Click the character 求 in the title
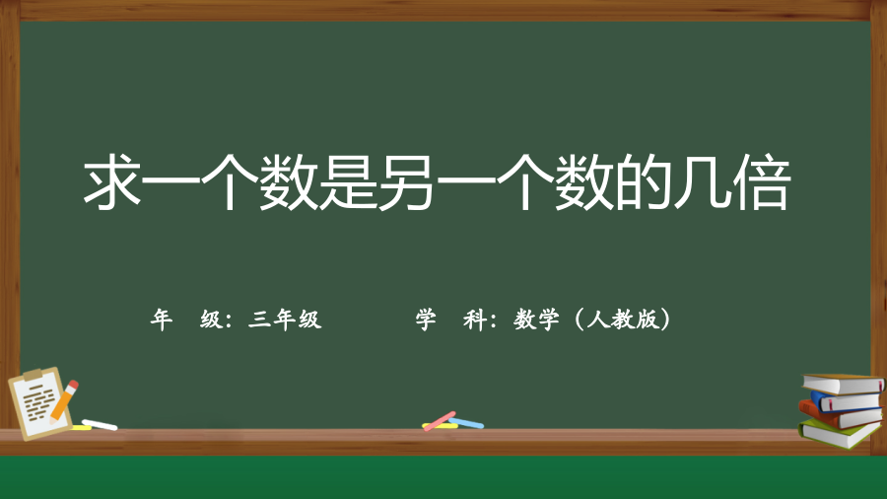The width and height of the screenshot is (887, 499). click(x=112, y=182)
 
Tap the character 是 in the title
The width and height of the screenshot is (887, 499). click(x=349, y=182)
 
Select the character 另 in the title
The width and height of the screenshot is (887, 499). click(x=407, y=182)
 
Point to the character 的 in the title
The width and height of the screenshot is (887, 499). click(x=644, y=182)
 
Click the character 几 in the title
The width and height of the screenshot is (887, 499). click(x=702, y=182)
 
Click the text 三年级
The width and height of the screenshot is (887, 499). click(x=285, y=320)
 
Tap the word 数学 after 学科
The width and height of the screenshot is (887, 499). click(x=536, y=320)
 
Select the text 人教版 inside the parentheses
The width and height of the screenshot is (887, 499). click(x=623, y=320)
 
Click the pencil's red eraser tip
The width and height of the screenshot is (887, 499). click(x=73, y=385)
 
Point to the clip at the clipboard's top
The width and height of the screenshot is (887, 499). click(x=33, y=374)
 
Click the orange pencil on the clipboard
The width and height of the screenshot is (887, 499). click(x=63, y=401)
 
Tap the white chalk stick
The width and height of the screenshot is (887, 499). click(x=100, y=424)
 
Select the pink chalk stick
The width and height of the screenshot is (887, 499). click(x=441, y=420)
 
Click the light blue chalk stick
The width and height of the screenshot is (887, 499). click(x=467, y=423)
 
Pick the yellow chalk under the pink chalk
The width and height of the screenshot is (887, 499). click(x=440, y=426)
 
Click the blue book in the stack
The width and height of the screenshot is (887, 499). click(x=847, y=401)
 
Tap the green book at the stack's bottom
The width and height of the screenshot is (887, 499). click(x=841, y=435)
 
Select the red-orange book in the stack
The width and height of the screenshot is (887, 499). click(x=840, y=416)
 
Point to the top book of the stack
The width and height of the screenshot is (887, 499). click(x=843, y=385)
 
